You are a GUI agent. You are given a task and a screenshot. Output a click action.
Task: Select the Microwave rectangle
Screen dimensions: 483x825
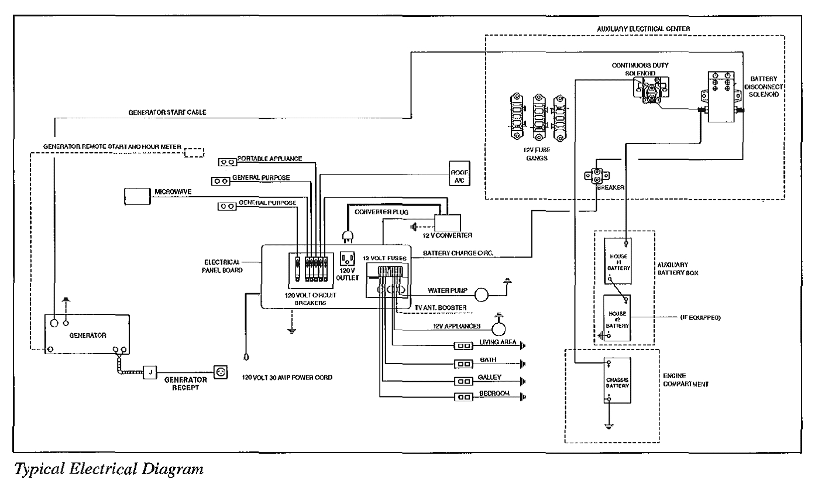137,196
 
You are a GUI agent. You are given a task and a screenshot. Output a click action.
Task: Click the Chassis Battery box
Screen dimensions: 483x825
618,379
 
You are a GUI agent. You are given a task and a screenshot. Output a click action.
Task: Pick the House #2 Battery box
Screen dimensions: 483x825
617,318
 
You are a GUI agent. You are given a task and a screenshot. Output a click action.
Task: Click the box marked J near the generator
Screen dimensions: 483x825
150,372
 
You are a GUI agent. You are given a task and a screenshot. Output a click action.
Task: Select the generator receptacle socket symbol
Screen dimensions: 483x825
221,371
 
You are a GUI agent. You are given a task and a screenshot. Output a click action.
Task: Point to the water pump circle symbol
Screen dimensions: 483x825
483,294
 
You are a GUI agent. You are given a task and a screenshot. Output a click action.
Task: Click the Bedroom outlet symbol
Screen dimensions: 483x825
464,397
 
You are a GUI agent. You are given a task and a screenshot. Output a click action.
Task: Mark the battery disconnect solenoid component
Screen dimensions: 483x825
721,97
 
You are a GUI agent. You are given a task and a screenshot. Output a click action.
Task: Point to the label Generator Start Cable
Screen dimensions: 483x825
167,112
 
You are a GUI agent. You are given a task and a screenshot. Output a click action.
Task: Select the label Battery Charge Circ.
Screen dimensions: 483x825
459,254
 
